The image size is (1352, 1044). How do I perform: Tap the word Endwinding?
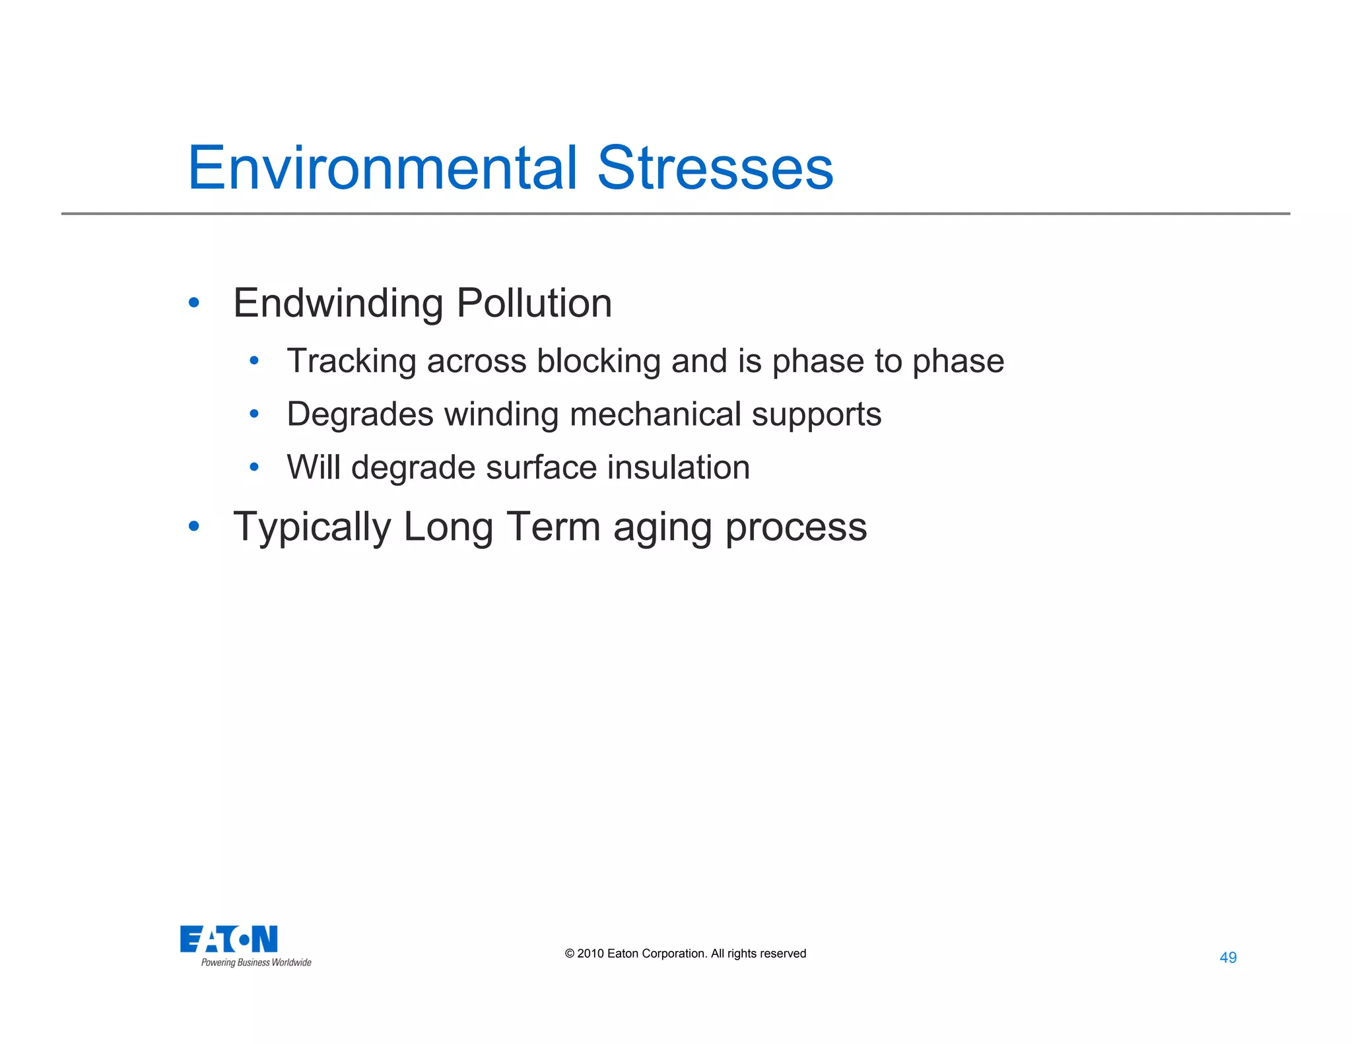[338, 304]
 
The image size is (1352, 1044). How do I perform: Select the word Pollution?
[534, 304]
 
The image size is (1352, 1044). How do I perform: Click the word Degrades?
[360, 415]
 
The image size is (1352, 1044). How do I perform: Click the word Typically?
[312, 528]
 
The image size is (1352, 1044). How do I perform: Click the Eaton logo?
[228, 939]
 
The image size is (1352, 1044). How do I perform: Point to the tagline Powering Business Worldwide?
[256, 963]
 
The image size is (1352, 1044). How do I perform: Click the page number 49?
[1228, 958]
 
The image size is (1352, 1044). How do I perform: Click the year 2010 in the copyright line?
[590, 954]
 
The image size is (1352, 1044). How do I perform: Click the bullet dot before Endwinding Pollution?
[193, 303]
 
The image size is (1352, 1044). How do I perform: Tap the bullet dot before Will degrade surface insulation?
[254, 467]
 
